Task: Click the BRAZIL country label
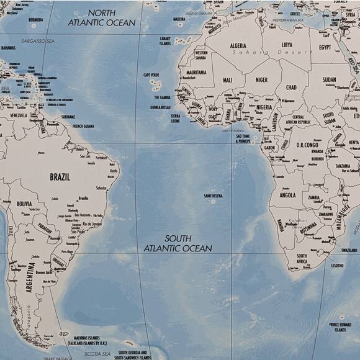pos(60,177)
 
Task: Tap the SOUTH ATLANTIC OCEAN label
pos(178,243)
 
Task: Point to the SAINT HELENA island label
pos(213,196)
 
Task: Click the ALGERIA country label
pos(238,45)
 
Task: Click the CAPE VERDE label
pos(151,75)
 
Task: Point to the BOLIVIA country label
pos(24,203)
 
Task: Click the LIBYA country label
pos(287,45)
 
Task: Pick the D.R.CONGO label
pos(307,145)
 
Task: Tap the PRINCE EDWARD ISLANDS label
pos(340,327)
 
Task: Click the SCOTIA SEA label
pos(81,354)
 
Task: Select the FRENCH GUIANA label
pos(83,126)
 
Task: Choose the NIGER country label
pos(262,79)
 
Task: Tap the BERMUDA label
pos(36,19)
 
